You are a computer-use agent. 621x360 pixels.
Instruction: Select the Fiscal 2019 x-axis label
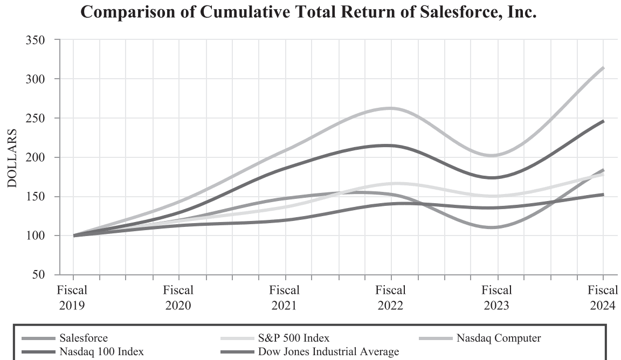(x=72, y=297)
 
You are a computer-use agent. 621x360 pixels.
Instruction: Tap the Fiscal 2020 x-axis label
(x=178, y=297)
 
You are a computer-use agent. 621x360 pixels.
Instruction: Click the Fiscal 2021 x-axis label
(x=285, y=297)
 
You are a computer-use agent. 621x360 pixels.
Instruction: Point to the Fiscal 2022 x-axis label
(x=391, y=297)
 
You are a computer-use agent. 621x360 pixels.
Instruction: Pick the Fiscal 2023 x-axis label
(x=497, y=297)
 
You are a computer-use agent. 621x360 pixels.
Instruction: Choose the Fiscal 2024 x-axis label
(x=602, y=297)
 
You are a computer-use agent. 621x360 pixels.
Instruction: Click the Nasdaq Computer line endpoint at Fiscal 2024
(x=603, y=68)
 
